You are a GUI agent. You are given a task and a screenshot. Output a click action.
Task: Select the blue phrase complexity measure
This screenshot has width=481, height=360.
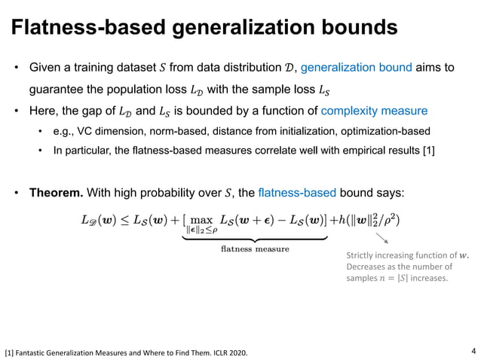point(374,111)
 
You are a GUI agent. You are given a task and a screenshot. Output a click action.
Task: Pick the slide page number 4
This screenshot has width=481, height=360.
point(473,350)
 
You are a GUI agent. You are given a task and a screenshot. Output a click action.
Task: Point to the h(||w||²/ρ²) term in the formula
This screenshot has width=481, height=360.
point(369,221)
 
